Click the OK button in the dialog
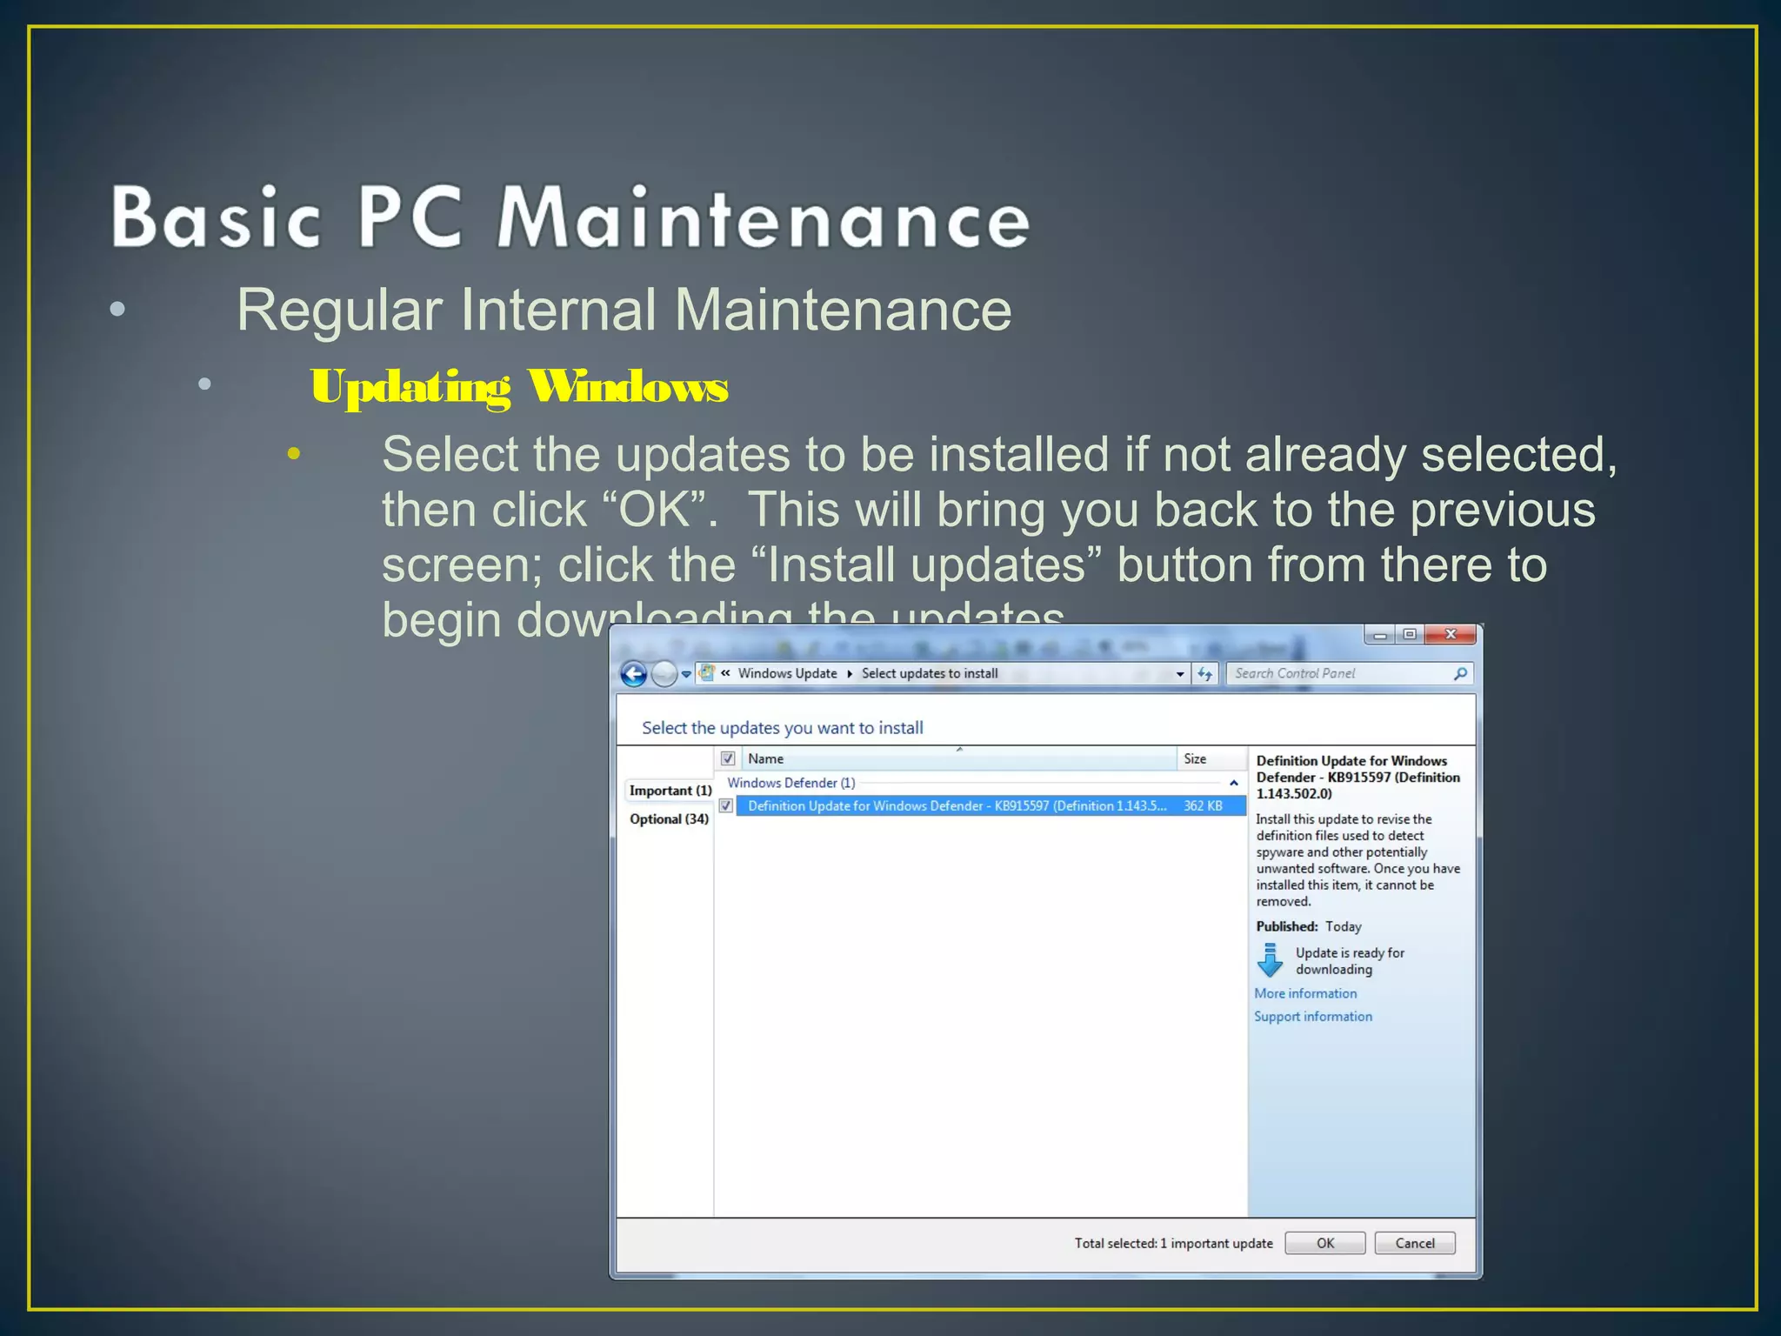tap(1324, 1243)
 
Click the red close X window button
tap(1450, 634)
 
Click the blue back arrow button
tap(634, 674)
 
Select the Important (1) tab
tap(670, 791)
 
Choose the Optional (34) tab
tap(669, 819)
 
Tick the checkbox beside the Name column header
tap(729, 758)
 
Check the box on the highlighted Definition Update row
tap(726, 806)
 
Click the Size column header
tap(1196, 758)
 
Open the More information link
tap(1304, 993)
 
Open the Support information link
tap(1312, 1017)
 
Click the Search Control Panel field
tap(1339, 673)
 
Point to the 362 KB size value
tap(1203, 806)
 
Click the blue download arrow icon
tap(1271, 960)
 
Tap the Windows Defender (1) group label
tap(790, 783)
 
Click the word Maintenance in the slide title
tap(764, 217)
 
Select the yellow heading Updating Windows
tap(519, 386)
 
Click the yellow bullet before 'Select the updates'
tap(294, 453)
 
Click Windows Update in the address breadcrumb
tap(787, 673)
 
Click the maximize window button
tap(1410, 634)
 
